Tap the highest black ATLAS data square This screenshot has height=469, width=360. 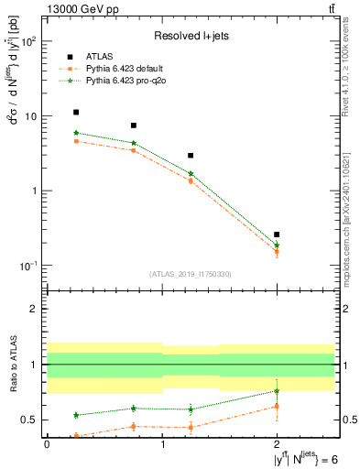coord(76,112)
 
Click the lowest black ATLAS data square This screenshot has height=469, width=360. coord(277,234)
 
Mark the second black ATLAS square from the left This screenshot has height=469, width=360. coord(134,125)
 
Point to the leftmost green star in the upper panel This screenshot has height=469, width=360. coord(76,133)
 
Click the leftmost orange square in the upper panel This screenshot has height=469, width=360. coord(76,141)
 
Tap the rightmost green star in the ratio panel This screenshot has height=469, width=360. coord(277,391)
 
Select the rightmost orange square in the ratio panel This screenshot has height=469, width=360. coord(277,406)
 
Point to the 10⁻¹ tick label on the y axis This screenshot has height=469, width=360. coord(27,266)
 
